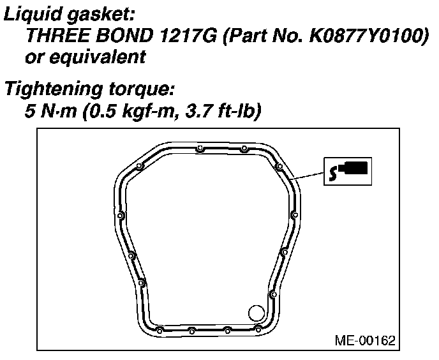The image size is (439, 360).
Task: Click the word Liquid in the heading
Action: pos(33,14)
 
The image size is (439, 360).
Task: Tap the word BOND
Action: pos(124,36)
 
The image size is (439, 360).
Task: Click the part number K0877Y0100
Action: pos(364,36)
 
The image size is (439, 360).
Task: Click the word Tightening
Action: pos(54,89)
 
